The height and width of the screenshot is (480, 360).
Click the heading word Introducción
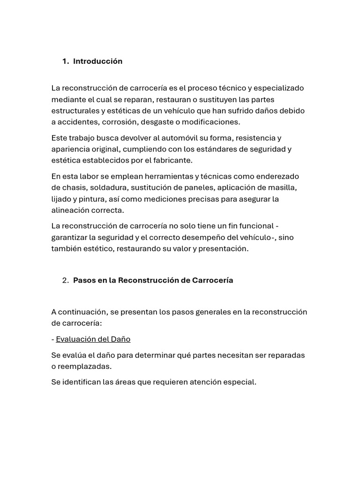pos(97,61)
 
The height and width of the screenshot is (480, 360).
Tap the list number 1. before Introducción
pos(66,61)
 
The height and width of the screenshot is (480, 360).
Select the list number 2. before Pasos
pos(66,280)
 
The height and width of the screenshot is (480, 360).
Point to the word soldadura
pos(110,187)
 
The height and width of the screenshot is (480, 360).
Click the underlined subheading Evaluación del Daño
pos(93,339)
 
